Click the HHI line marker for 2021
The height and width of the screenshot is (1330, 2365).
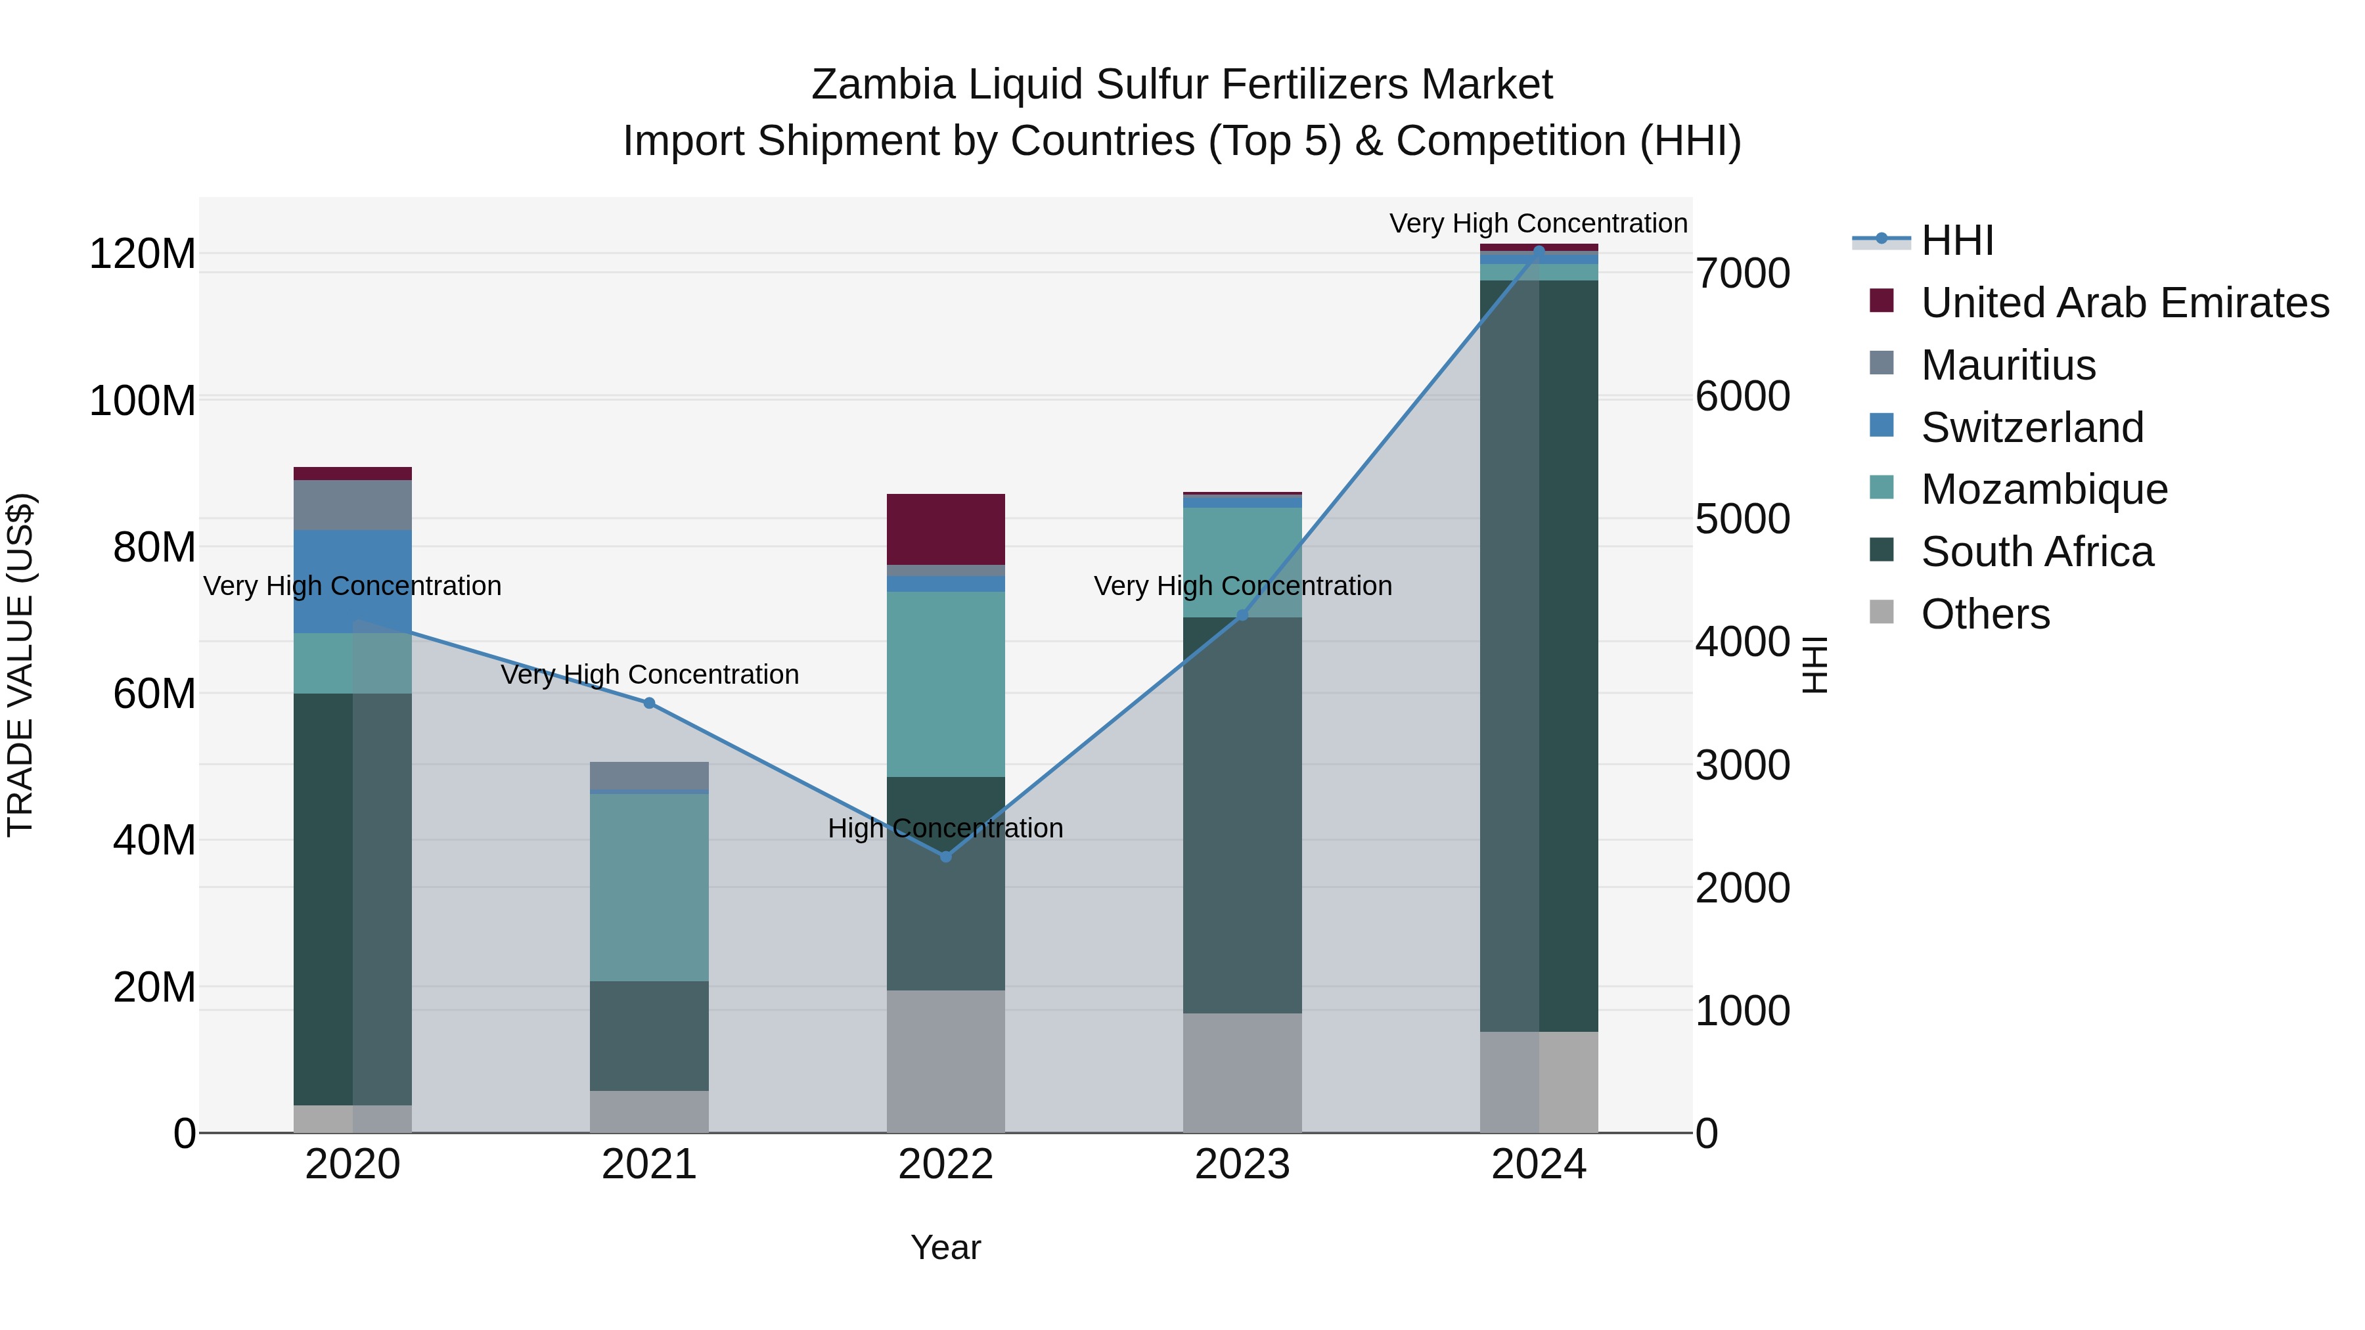pyautogui.click(x=649, y=703)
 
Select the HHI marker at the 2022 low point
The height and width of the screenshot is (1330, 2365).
pyautogui.click(x=945, y=856)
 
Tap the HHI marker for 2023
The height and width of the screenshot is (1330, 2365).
pyautogui.click(x=1242, y=615)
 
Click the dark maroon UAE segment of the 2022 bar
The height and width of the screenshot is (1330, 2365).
pyautogui.click(x=945, y=529)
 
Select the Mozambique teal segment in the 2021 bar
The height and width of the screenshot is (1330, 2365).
pyautogui.click(x=649, y=887)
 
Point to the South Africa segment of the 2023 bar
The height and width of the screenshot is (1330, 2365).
pyautogui.click(x=1242, y=815)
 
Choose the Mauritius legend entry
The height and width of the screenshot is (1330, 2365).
pyautogui.click(x=2008, y=365)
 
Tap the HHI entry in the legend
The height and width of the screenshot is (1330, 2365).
pyautogui.click(x=1956, y=240)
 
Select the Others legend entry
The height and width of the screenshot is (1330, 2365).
pyautogui.click(x=1984, y=614)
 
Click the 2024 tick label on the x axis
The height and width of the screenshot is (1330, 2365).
pyautogui.click(x=1539, y=1164)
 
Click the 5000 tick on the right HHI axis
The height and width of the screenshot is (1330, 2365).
pyautogui.click(x=1742, y=520)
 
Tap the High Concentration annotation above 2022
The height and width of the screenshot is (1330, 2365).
pyautogui.click(x=945, y=828)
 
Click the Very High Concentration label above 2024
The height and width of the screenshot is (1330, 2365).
pyautogui.click(x=1538, y=223)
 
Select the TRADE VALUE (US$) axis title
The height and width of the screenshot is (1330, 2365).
pyautogui.click(x=20, y=665)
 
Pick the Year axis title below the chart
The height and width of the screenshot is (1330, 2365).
pyautogui.click(x=945, y=1247)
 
